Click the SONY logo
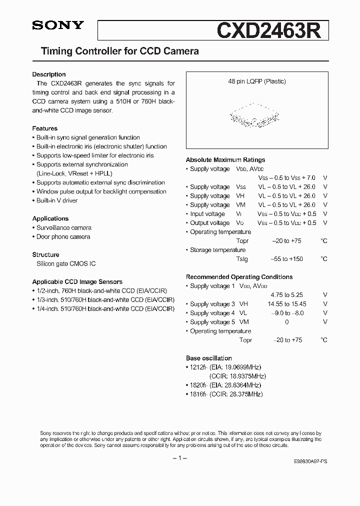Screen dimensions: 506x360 coord(58,26)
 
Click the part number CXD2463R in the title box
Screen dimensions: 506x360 coord(272,30)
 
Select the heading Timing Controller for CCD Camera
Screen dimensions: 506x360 coord(119,51)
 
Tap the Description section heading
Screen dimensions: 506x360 coord(49,74)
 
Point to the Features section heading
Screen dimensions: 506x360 coord(45,128)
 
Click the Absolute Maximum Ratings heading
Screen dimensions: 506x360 coord(225,160)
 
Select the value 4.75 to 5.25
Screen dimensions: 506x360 coord(286,295)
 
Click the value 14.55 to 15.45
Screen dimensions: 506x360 coord(286,304)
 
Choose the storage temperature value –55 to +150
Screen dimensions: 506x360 coord(287,259)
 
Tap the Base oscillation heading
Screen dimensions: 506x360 coord(209,358)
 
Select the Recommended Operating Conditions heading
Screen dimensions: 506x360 coord(239,277)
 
